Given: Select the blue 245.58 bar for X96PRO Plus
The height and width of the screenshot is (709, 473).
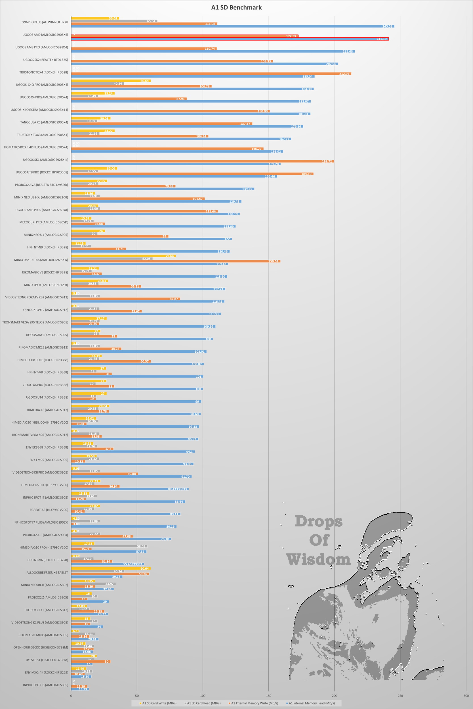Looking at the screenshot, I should tap(232, 26).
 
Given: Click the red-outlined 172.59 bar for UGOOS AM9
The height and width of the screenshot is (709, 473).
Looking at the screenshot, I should tap(185, 36).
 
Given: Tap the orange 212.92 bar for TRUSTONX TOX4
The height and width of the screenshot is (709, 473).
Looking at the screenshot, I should tap(211, 74).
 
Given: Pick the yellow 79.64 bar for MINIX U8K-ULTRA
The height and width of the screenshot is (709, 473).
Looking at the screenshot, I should tap(123, 256).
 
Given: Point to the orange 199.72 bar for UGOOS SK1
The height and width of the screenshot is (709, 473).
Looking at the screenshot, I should tap(202, 161).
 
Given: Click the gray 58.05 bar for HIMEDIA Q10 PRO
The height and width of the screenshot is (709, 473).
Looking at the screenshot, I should tap(109, 546).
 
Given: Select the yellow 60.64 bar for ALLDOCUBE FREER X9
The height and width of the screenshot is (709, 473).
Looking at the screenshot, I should tap(111, 568).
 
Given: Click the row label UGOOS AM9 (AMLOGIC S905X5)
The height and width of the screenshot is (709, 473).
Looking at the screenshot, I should tap(45, 35).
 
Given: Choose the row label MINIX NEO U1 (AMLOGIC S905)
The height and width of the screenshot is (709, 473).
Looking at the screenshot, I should tap(46, 235).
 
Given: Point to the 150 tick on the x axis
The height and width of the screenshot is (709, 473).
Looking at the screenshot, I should tap(268, 695).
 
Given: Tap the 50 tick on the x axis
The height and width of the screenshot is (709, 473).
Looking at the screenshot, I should tap(137, 695).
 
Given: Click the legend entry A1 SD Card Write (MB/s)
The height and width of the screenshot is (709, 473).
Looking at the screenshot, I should tap(159, 703).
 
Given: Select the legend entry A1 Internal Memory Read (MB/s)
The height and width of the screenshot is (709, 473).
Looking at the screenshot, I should tap(311, 703).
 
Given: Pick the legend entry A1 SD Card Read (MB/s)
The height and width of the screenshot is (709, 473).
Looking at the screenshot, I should tap(203, 703).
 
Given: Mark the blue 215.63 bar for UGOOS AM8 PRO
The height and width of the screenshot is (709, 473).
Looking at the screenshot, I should tap(213, 51).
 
